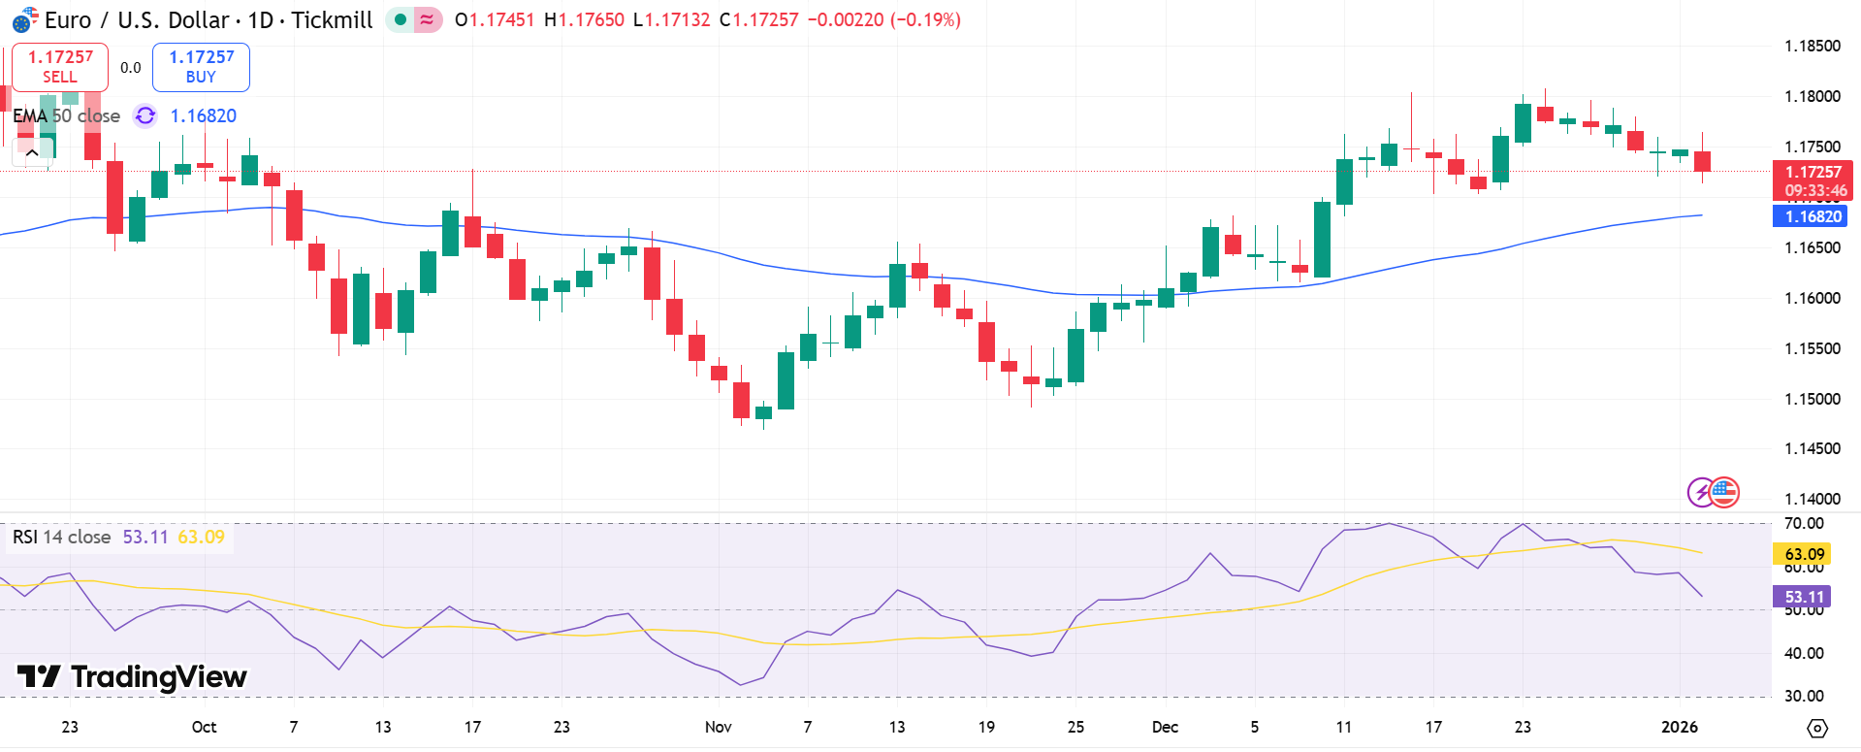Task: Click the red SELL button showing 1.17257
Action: click(x=59, y=67)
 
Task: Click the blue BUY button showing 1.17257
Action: click(x=201, y=67)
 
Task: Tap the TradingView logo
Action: click(x=132, y=676)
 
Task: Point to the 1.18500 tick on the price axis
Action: click(x=1812, y=46)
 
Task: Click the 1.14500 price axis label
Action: click(x=1812, y=448)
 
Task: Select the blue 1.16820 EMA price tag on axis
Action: click(x=1810, y=216)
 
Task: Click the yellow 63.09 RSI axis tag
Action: click(x=1804, y=554)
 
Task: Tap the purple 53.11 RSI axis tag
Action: click(x=1804, y=597)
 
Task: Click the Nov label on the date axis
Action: click(x=718, y=727)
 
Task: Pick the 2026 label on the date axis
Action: click(x=1679, y=727)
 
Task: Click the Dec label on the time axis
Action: click(x=1165, y=727)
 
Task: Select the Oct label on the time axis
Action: click(x=204, y=727)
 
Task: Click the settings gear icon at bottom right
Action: click(x=1817, y=728)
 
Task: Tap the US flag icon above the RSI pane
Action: click(x=1724, y=492)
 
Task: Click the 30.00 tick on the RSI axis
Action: click(x=1804, y=696)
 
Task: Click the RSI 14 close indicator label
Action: click(x=62, y=537)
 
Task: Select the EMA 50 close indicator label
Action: click(x=66, y=115)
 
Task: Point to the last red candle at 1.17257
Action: click(x=1702, y=161)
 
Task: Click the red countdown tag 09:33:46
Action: click(x=1812, y=190)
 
